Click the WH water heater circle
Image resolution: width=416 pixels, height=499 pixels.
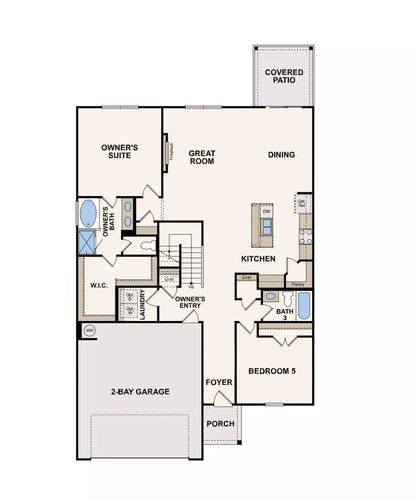click(x=90, y=331)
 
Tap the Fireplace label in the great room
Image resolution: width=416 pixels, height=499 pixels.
click(x=171, y=151)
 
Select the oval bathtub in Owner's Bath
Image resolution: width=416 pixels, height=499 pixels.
click(x=88, y=213)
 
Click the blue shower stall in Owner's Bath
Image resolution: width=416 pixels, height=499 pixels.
click(x=86, y=242)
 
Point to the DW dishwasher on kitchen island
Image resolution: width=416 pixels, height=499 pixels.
click(x=266, y=211)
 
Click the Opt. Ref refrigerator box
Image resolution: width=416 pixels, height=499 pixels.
click(x=302, y=203)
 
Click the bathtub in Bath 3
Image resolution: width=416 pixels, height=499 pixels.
click(x=304, y=306)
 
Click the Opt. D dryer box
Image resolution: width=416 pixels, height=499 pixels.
click(x=129, y=297)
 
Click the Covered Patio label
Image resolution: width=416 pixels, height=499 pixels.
click(x=284, y=76)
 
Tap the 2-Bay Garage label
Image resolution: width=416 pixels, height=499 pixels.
click(x=140, y=391)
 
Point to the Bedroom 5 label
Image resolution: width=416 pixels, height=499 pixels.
click(x=272, y=371)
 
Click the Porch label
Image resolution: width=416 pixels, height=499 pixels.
click(x=220, y=423)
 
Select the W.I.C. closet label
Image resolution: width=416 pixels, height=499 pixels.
click(x=99, y=286)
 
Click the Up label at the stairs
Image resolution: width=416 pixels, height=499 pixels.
click(x=191, y=287)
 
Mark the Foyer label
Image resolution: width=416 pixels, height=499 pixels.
click(x=219, y=382)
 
